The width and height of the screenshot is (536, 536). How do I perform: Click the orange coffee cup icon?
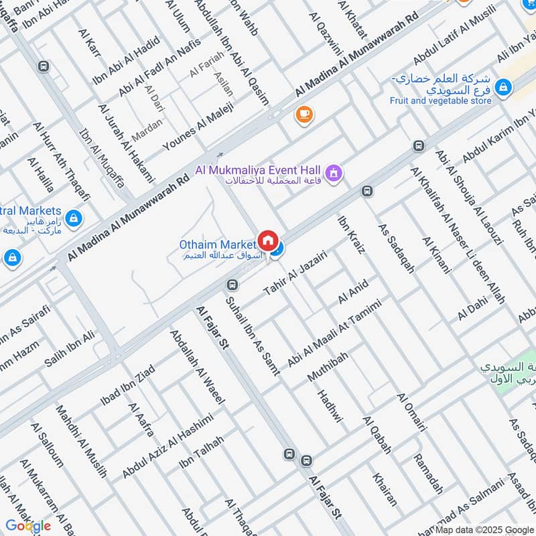click(x=304, y=115)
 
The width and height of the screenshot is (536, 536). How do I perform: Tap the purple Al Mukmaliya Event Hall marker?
click(x=335, y=175)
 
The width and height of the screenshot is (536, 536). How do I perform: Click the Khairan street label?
click(x=385, y=489)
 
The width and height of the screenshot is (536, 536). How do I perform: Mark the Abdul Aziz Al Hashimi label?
click(x=167, y=446)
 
